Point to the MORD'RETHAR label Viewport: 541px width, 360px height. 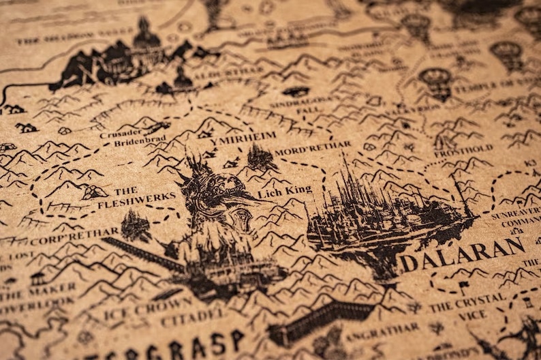313,147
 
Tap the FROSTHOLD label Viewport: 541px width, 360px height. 473,149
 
